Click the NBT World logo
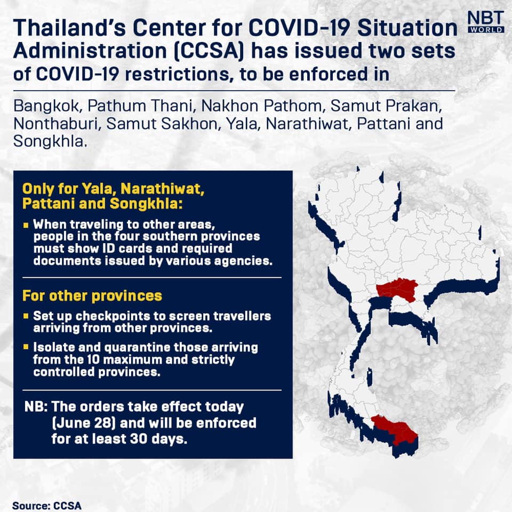[x=486, y=22]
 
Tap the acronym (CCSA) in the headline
[x=209, y=51]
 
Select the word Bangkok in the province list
[x=46, y=106]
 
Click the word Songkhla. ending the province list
[x=50, y=142]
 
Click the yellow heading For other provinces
[x=92, y=296]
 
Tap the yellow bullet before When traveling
[x=26, y=225]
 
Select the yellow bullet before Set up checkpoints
[x=26, y=316]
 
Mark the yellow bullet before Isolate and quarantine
[x=26, y=347]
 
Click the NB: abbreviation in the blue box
[x=36, y=407]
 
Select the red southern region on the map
[x=395, y=428]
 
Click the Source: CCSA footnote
[x=47, y=506]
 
